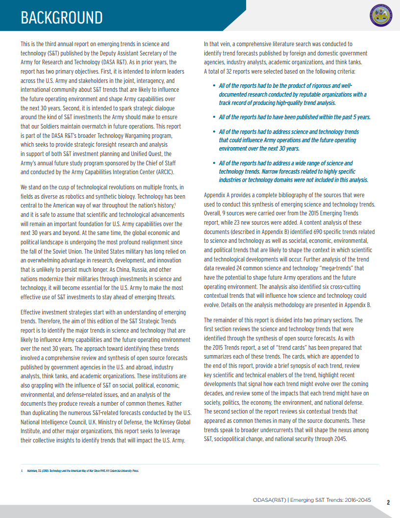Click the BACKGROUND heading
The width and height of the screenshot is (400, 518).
pos(61,18)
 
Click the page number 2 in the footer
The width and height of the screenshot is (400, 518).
pos(388,502)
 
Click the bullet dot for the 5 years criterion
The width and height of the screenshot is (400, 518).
pos(214,117)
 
